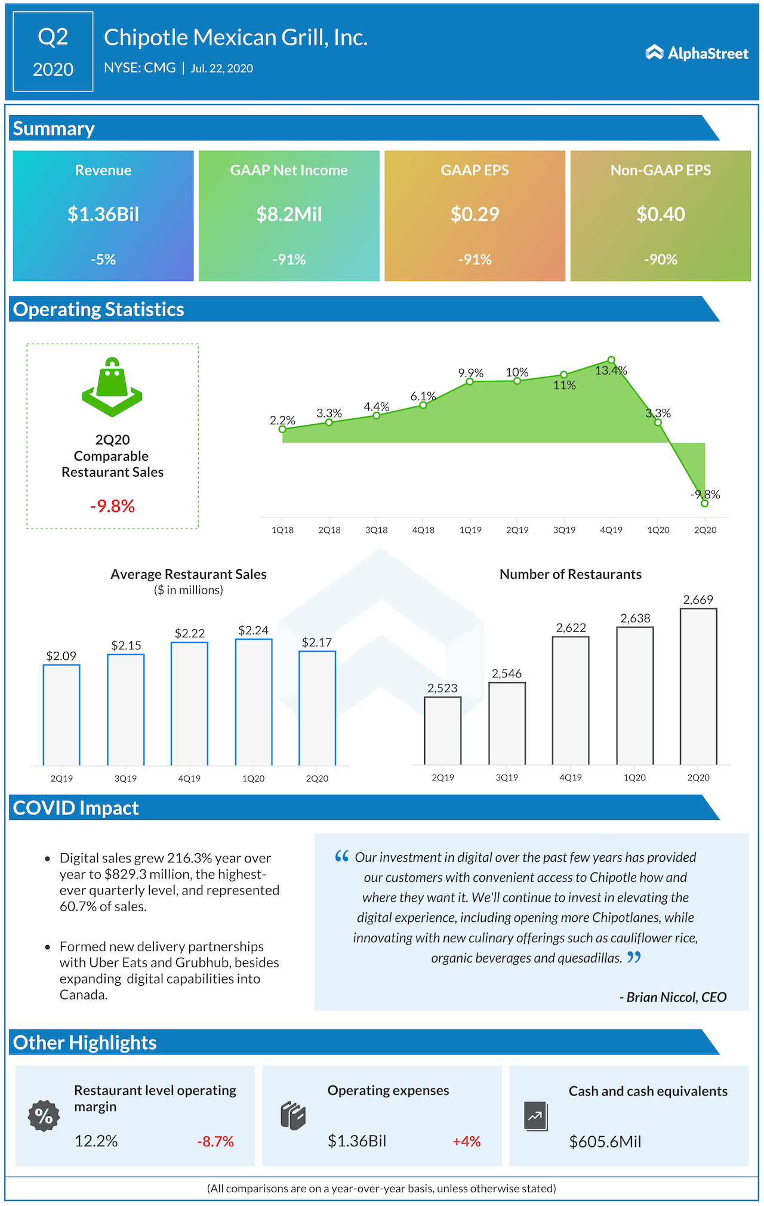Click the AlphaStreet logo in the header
pos(697,53)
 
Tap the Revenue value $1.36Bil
pos(103,214)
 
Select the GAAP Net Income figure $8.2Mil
pos(289,214)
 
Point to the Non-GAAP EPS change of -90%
pos(660,260)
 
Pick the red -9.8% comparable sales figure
pos(112,507)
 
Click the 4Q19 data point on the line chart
pos(611,360)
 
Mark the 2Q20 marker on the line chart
pos(705,504)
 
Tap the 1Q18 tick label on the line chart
pos(282,530)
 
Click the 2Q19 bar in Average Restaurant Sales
pos(61,714)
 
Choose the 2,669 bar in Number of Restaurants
pos(698,686)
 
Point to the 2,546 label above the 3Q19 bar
pos(507,674)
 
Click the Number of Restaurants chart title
pos(570,574)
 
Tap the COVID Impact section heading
pos(76,808)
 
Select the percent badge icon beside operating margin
pos(44,1116)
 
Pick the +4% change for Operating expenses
pos(466,1142)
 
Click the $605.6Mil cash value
pos(605,1142)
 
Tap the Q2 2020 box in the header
pos(53,52)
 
